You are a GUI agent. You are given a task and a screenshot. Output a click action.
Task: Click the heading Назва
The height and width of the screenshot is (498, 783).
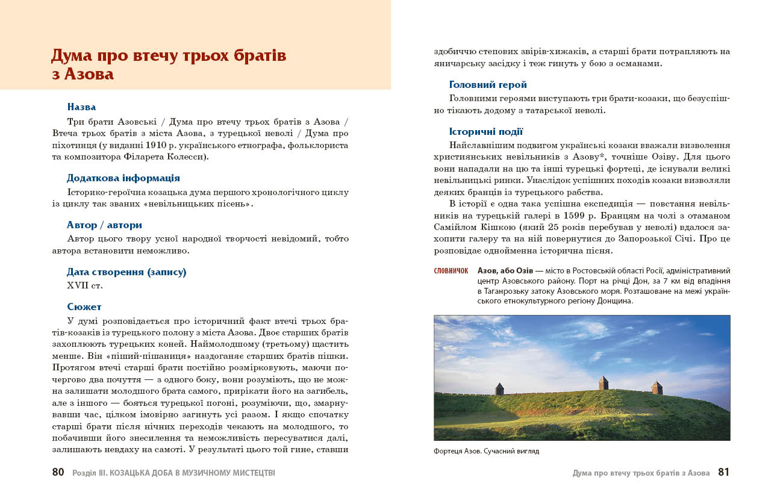coord(81,107)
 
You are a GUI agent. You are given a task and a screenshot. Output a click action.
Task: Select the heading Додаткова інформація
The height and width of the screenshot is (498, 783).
coord(123,178)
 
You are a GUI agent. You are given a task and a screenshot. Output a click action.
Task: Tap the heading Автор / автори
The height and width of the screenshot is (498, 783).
coord(104,225)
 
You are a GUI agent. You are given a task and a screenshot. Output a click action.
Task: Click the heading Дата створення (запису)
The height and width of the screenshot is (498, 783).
coord(126,272)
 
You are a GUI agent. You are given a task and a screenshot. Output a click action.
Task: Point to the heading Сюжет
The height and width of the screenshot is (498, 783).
coord(84,307)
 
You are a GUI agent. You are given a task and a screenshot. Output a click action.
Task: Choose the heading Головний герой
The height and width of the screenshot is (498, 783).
coord(488,85)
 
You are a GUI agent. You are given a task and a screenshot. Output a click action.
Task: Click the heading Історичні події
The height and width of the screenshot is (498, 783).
coord(486,132)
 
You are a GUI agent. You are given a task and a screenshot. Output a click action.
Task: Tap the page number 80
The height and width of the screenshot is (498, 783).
coord(58,473)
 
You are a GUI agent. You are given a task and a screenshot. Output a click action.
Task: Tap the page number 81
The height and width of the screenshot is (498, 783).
coord(723,473)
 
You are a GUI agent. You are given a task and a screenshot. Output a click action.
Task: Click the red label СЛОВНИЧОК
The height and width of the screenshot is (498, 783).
coord(451,271)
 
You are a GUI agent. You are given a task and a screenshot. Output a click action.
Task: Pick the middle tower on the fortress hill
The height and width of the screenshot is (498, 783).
coord(603,383)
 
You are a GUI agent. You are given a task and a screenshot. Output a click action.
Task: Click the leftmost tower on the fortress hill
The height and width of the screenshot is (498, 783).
coord(499,389)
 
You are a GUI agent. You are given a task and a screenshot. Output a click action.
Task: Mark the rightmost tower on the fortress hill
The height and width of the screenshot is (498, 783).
coord(657,387)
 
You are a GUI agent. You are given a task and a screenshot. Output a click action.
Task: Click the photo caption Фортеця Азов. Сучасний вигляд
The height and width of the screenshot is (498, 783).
coord(486,451)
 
